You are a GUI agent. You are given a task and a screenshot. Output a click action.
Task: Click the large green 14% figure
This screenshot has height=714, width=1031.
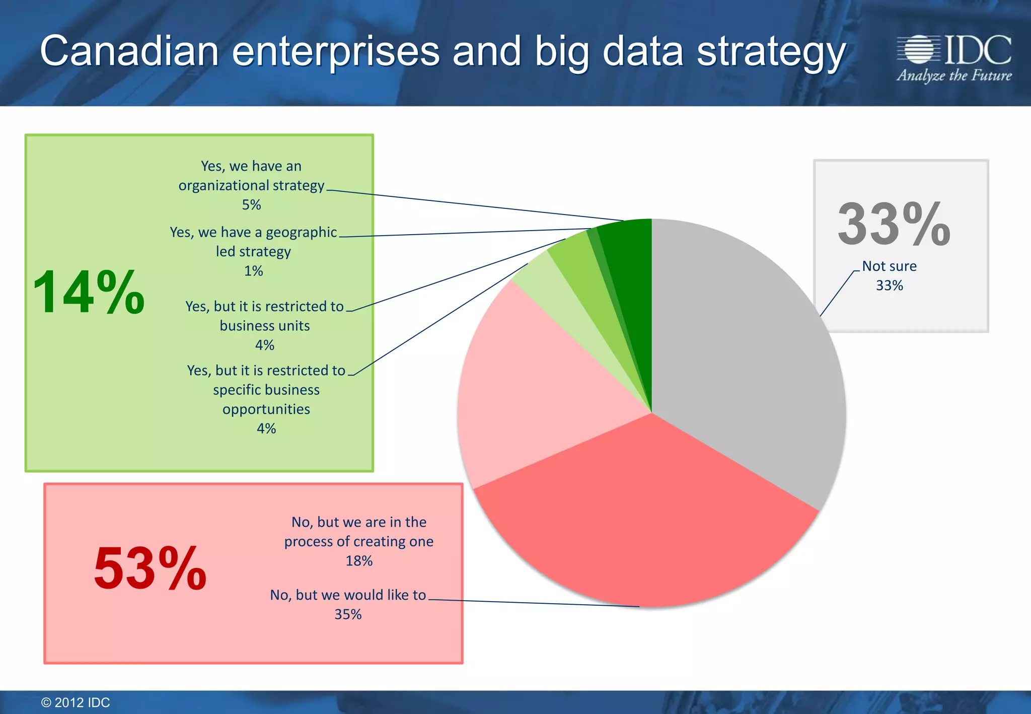[89, 292]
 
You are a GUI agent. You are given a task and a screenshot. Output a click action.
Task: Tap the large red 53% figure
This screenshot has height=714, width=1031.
[150, 569]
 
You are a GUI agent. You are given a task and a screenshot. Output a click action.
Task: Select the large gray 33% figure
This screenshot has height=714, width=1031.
[894, 224]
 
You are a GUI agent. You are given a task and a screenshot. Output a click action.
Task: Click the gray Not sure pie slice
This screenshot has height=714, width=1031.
[745, 352]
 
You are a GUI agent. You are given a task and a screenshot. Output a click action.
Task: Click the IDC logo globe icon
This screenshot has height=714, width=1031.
[919, 49]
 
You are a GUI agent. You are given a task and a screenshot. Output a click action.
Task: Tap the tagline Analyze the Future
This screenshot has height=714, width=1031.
[954, 76]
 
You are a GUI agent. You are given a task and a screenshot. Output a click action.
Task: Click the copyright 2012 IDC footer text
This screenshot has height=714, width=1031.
[76, 702]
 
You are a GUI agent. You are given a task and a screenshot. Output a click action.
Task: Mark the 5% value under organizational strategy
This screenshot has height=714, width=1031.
[251, 205]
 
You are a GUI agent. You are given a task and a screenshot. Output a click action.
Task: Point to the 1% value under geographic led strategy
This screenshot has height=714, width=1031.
[253, 271]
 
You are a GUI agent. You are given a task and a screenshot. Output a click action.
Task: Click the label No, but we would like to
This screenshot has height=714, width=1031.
[348, 595]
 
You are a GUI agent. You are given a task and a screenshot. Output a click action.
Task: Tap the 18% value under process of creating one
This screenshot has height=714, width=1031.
[359, 561]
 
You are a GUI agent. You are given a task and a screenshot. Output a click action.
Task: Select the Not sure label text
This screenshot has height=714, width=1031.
[889, 266]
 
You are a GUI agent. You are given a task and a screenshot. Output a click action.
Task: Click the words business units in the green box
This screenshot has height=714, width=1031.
[264, 326]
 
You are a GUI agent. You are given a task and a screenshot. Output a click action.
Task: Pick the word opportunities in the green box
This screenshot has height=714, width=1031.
[266, 409]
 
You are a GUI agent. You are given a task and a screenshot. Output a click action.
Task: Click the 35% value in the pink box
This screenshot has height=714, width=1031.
[348, 614]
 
